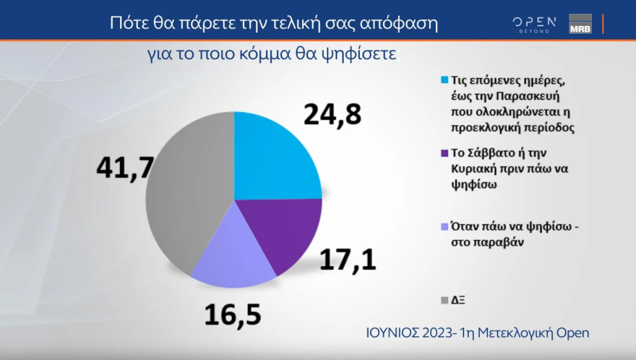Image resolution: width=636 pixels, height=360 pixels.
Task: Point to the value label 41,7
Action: click(x=124, y=168)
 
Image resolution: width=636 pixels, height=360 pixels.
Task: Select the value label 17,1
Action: click(x=348, y=258)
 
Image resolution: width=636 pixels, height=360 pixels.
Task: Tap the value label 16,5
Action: click(x=231, y=315)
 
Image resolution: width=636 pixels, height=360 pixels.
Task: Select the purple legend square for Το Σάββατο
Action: click(x=443, y=153)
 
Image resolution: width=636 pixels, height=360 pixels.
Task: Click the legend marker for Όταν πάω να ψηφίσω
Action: click(x=443, y=226)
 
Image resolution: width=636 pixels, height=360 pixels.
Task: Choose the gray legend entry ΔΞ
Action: click(x=443, y=299)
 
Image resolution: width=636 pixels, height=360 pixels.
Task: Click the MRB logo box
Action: click(x=580, y=24)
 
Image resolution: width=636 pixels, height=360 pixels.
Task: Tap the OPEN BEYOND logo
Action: click(x=535, y=24)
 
